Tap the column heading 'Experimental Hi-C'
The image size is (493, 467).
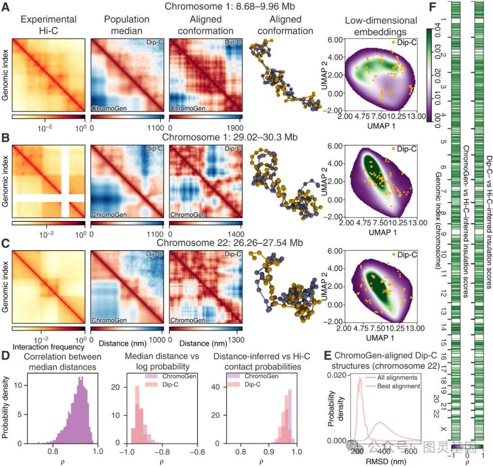[48, 26]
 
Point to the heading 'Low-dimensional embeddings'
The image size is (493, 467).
[381, 26]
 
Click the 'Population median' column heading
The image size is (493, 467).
[126, 26]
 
